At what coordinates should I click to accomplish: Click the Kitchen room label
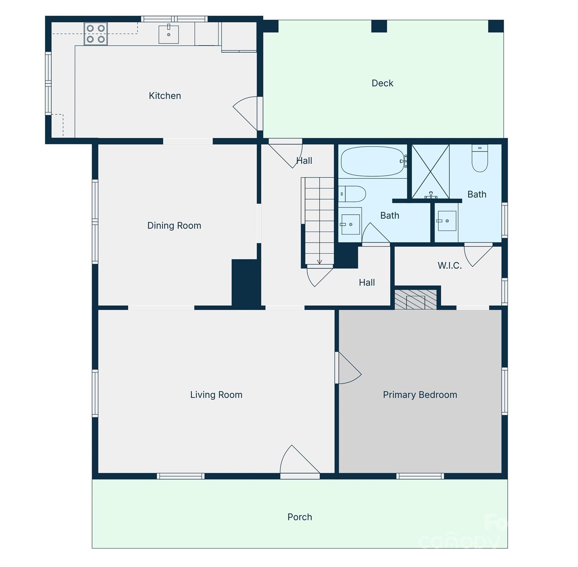(x=165, y=96)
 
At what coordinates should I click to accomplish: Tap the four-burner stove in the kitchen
(x=96, y=34)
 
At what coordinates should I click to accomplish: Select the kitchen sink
(x=169, y=34)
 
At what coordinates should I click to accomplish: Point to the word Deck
(x=382, y=83)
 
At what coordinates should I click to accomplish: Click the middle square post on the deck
(x=379, y=26)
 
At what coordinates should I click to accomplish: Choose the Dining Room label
(x=174, y=226)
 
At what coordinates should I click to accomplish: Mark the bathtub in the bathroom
(x=373, y=162)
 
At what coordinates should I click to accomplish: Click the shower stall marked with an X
(x=431, y=172)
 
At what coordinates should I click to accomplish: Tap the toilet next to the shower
(x=480, y=158)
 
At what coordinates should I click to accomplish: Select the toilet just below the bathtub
(x=352, y=194)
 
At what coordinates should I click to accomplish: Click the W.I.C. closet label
(x=449, y=265)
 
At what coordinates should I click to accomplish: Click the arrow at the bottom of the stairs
(x=320, y=262)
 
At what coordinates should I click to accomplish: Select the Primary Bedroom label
(x=420, y=395)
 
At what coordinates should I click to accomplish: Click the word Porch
(x=300, y=517)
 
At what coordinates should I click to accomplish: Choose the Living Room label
(x=216, y=395)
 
